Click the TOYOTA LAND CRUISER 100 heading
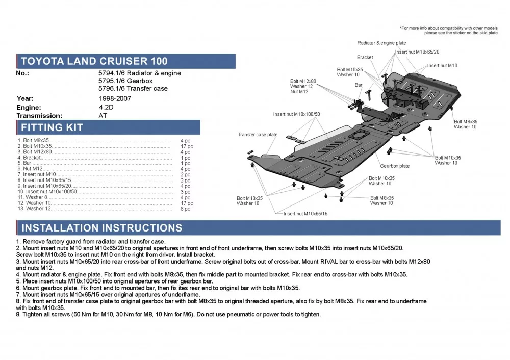tap(93, 61)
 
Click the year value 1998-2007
tap(115, 98)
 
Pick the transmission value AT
tap(103, 116)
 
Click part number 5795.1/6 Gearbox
tap(125, 81)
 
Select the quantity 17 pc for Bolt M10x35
tap(186, 146)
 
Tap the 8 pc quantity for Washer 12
tap(185, 209)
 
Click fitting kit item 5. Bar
tap(26, 163)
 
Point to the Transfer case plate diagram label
tap(258, 135)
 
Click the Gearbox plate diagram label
tap(395, 166)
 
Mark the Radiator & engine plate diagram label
tap(381, 43)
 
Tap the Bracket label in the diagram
tap(365, 57)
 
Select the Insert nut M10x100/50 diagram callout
tap(296, 114)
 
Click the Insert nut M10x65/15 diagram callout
tap(305, 214)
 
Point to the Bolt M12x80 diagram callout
tap(303, 81)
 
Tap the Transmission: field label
tap(39, 116)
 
